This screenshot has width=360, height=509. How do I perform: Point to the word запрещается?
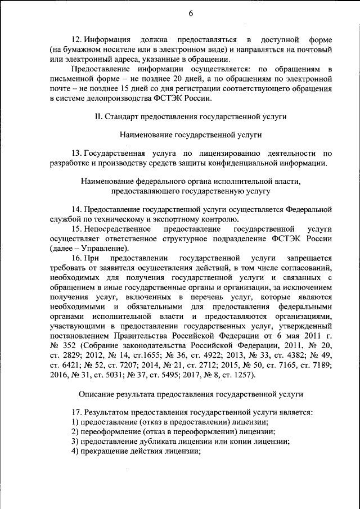pyautogui.click(x=307, y=258)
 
